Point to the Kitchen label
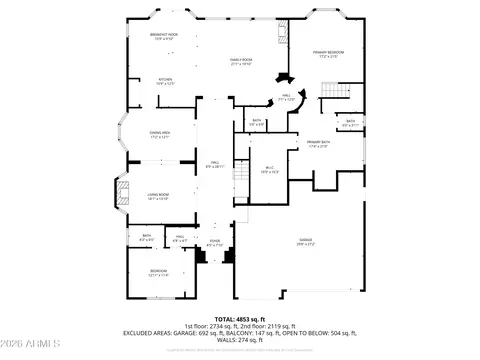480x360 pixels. pos(166,81)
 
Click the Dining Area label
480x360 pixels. pos(160,136)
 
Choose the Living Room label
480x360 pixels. pos(158,197)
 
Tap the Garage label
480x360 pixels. pos(304,241)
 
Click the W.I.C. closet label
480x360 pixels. pos(269,169)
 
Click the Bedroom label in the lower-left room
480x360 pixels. pos(158,272)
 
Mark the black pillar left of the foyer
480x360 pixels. pos(201,255)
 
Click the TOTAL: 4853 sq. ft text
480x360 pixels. pos(240,318)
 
